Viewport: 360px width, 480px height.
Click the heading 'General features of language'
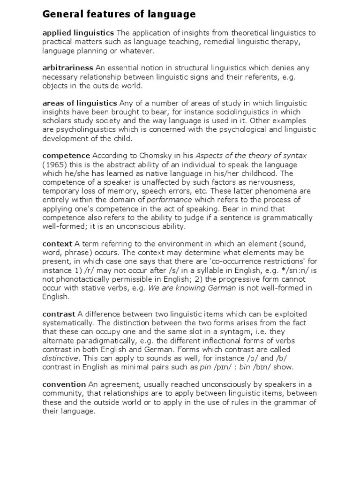point(119,15)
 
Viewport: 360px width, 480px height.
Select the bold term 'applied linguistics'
point(78,33)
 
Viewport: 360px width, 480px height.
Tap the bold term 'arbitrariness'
point(67,68)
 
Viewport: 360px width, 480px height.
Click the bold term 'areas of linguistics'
point(80,103)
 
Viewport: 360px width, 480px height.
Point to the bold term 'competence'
point(66,155)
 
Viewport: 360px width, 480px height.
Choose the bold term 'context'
point(57,244)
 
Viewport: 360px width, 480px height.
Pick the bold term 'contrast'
point(59,314)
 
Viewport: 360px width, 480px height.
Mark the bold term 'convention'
point(64,384)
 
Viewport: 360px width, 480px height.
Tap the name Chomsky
point(142,156)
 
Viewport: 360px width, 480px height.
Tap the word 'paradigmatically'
point(100,340)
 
